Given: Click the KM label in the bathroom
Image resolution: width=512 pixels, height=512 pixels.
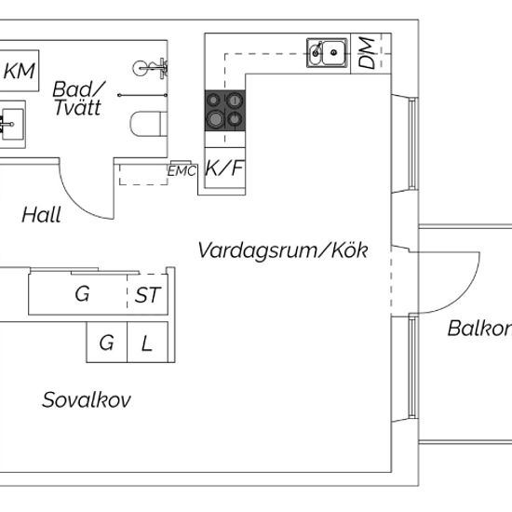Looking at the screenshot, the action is [20, 71].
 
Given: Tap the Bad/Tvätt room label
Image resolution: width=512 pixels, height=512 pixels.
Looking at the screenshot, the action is [78, 99].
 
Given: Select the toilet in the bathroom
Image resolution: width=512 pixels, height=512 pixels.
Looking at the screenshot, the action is [149, 124].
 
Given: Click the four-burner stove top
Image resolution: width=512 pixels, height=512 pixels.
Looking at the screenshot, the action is [225, 111].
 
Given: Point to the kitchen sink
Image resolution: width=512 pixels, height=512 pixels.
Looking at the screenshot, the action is [327, 53].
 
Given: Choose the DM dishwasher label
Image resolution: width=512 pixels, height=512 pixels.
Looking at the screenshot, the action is [366, 53].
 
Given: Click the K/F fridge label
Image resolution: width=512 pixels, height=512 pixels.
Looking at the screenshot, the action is [224, 168].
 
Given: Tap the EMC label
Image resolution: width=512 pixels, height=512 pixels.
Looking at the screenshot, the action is [182, 171].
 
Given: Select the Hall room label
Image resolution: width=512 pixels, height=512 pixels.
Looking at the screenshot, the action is [42, 215].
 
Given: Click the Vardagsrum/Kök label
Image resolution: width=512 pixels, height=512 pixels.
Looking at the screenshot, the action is [283, 250].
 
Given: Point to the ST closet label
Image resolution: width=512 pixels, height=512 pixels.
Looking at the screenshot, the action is [148, 295].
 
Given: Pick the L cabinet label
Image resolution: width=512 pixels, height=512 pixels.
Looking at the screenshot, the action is [146, 344].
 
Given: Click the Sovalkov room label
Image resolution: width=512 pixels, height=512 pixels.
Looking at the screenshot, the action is [87, 399].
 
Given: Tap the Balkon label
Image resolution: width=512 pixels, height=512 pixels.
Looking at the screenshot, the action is [479, 329].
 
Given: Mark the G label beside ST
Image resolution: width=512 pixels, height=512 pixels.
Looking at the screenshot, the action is [82, 294].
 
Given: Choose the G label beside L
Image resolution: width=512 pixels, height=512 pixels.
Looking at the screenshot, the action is [106, 343].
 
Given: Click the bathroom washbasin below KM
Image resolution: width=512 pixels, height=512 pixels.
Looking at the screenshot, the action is [12, 125].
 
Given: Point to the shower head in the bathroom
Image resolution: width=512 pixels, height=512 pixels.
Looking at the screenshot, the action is [150, 68].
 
